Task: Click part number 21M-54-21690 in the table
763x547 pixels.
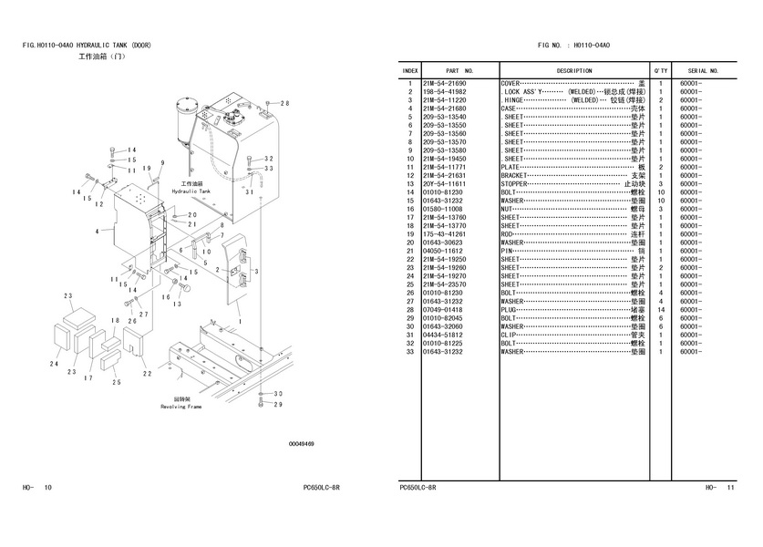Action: click(x=444, y=83)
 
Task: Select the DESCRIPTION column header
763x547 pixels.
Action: click(x=573, y=70)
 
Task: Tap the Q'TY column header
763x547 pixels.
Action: click(x=661, y=70)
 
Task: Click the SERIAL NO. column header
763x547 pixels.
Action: click(x=703, y=70)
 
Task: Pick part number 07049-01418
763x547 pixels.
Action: click(x=444, y=310)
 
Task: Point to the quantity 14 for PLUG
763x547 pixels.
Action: click(x=660, y=310)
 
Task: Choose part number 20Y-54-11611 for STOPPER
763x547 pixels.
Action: click(x=444, y=184)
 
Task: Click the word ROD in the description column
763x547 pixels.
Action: click(x=509, y=234)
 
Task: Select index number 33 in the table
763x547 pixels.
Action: click(x=411, y=352)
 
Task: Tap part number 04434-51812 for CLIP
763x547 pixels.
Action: click(x=444, y=335)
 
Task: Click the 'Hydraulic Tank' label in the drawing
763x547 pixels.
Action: click(x=191, y=192)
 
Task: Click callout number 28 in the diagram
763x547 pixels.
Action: click(x=284, y=103)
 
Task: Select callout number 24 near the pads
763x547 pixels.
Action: click(x=54, y=364)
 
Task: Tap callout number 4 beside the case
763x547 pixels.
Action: click(x=96, y=232)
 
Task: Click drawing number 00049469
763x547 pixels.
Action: click(x=302, y=444)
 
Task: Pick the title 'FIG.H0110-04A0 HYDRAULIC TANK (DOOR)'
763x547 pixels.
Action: click(x=88, y=45)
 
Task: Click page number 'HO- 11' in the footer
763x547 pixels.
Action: click(x=719, y=488)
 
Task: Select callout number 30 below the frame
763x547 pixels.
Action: click(x=279, y=394)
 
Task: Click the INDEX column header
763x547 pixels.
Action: click(x=410, y=70)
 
